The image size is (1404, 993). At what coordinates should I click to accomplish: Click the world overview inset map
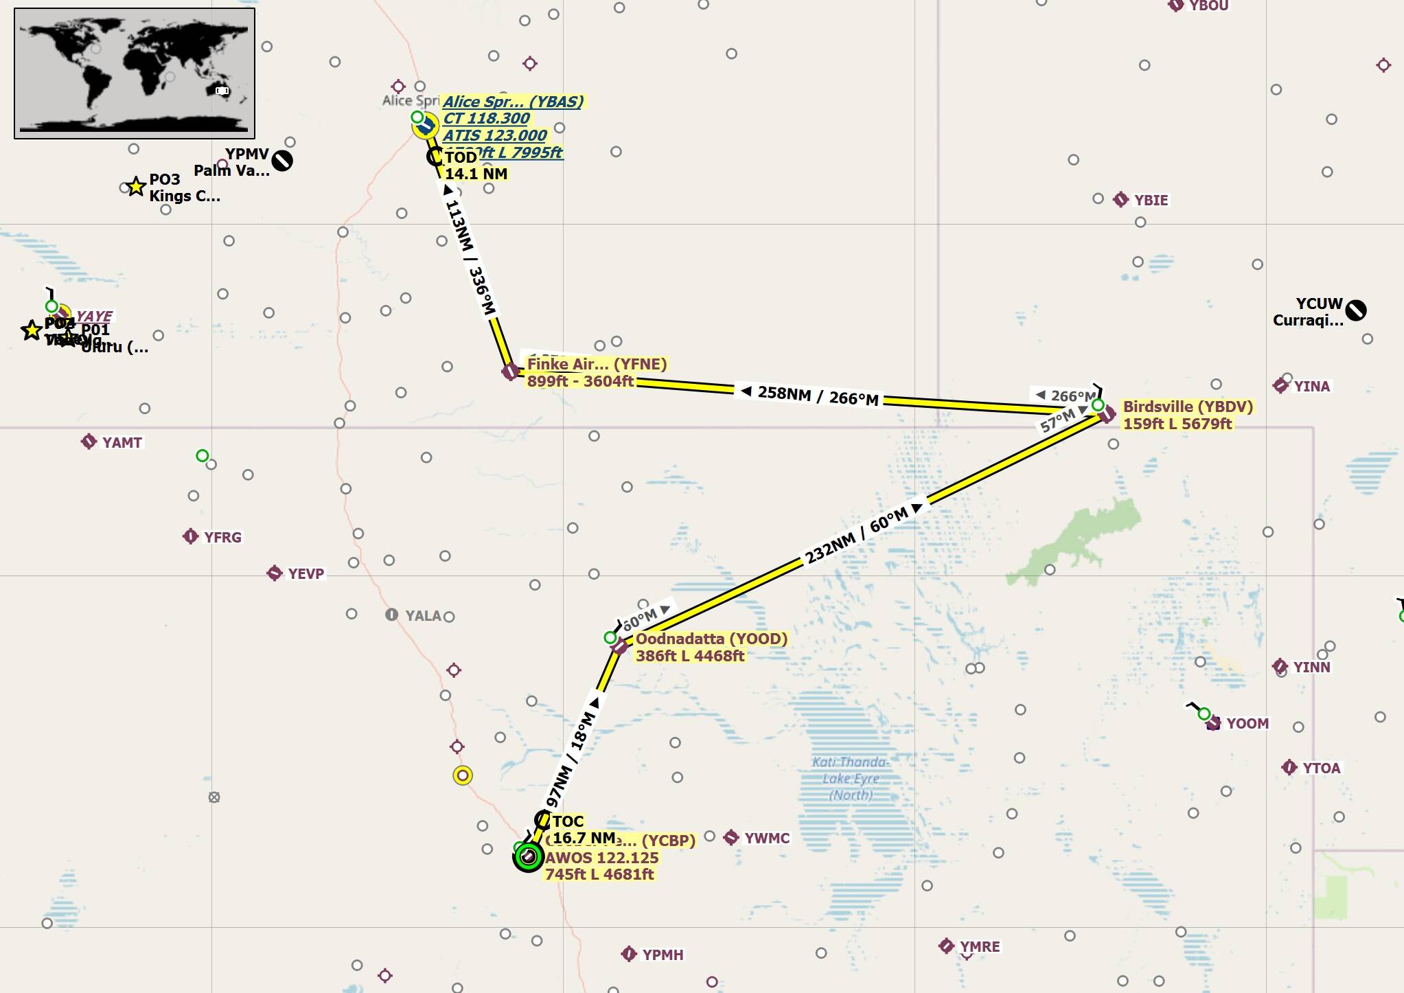click(135, 73)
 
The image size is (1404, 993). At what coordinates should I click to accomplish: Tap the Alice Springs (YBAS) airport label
click(513, 102)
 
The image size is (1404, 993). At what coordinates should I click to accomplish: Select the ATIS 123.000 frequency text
click(494, 135)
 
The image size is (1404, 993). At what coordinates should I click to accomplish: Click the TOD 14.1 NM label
click(475, 165)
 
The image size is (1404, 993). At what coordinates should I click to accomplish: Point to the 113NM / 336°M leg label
click(470, 258)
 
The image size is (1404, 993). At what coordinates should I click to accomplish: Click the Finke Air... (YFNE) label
click(597, 364)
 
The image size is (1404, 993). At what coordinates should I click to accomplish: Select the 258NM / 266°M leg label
click(817, 396)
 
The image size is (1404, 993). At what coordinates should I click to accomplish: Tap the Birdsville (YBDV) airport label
click(1188, 407)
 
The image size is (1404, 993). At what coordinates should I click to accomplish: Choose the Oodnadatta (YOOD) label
click(711, 639)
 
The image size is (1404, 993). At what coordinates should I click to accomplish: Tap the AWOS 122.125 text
click(601, 858)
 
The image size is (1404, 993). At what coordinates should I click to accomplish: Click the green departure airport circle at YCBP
click(528, 857)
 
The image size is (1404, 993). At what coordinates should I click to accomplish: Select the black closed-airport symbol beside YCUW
click(1355, 310)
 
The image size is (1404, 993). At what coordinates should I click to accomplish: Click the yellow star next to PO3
click(136, 186)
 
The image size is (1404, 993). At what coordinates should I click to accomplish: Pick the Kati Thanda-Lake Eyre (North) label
click(851, 779)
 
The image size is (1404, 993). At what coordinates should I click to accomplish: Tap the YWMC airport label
click(766, 838)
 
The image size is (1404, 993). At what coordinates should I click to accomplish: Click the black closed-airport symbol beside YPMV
click(282, 161)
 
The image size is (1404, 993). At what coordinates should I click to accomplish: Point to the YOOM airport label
click(1247, 723)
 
